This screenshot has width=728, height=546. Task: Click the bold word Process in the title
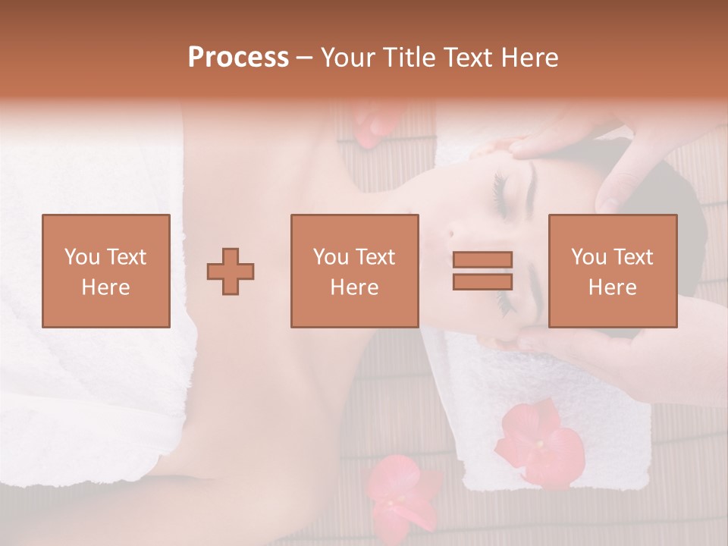(x=238, y=58)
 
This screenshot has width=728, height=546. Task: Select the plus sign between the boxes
(x=231, y=271)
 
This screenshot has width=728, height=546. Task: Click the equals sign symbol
(x=482, y=271)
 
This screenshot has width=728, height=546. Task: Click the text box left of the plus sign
(x=106, y=271)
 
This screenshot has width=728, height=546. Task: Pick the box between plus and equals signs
(x=354, y=271)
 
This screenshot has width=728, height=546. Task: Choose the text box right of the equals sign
(x=612, y=271)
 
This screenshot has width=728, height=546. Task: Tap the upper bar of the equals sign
(x=482, y=260)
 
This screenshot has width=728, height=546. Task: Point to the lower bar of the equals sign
(x=482, y=281)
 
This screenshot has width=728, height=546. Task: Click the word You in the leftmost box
(x=81, y=257)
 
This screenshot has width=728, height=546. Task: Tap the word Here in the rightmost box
(x=612, y=287)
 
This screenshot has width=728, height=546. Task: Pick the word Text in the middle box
(x=375, y=257)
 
